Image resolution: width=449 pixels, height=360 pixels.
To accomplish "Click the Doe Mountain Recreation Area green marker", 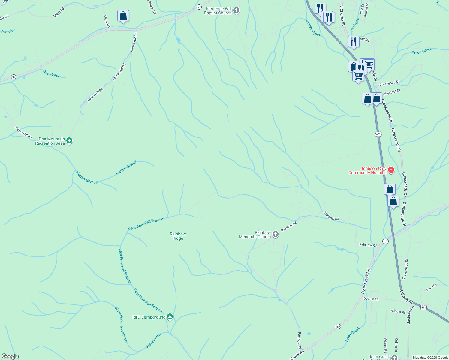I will (x=69, y=140).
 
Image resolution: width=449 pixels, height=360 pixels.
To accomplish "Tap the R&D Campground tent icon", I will (x=170, y=317).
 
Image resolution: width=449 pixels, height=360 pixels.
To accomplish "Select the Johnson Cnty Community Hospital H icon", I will (x=391, y=170).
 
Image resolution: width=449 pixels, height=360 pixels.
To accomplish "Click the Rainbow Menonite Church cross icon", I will (x=276, y=234).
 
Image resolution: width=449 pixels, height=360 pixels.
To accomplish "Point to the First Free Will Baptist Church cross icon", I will (x=236, y=11).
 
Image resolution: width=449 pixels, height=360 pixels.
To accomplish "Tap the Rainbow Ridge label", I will (x=178, y=236).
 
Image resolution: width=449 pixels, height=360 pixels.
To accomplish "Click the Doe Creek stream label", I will (x=52, y=74).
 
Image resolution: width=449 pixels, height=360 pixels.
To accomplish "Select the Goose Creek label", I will (x=313, y=28).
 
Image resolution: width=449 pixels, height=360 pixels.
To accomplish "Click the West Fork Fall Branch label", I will (x=121, y=324).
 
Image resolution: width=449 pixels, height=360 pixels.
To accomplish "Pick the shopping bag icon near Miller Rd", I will (x=123, y=16).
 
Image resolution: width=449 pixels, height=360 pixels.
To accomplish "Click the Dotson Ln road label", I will (x=371, y=299).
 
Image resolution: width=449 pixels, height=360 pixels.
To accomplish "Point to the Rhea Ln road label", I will (x=432, y=287).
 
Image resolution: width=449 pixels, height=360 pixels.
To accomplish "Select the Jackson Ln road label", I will (x=410, y=315).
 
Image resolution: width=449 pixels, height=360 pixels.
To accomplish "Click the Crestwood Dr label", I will (x=390, y=83).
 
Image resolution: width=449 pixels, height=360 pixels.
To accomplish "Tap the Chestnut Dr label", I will (x=392, y=92).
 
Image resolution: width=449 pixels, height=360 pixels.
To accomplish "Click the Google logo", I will (x=10, y=356).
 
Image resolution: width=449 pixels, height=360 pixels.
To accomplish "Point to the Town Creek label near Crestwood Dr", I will (x=422, y=51).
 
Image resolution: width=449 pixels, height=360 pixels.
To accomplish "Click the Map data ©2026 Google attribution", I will (x=430, y=358).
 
